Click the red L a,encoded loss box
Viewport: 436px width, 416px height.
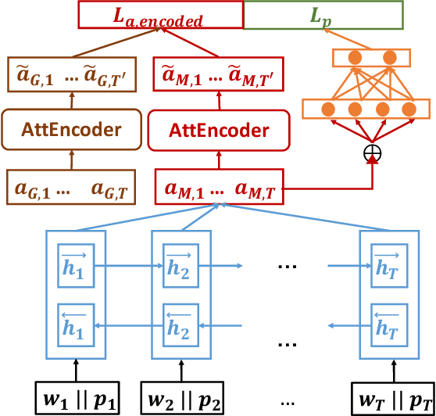[161, 16]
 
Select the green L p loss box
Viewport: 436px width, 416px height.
[323, 16]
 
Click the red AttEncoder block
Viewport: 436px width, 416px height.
[218, 129]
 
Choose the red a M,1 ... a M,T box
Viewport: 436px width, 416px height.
[218, 188]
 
